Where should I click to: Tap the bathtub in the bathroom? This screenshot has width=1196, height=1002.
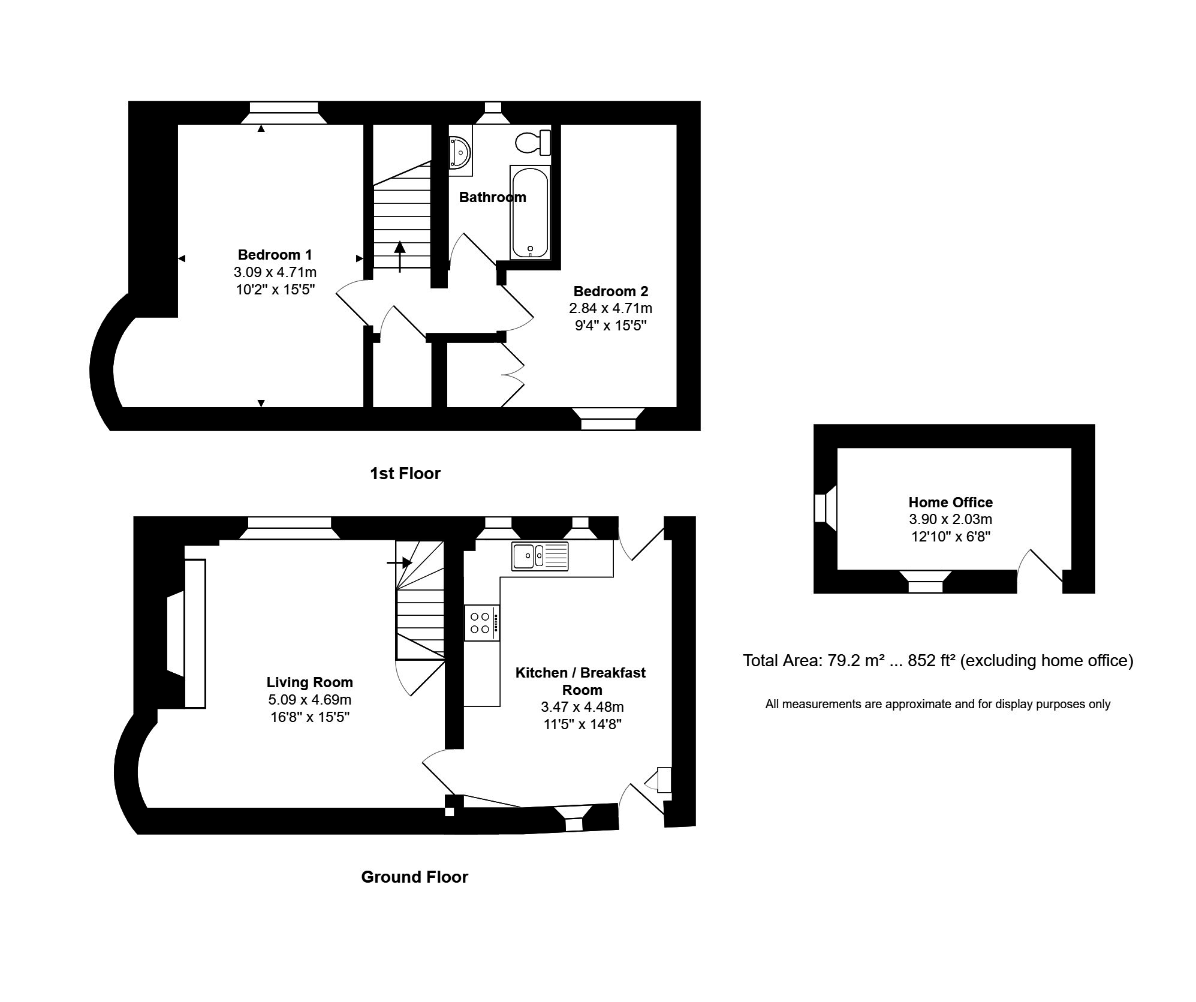click(x=529, y=213)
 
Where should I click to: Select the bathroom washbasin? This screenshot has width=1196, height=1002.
click(x=460, y=153)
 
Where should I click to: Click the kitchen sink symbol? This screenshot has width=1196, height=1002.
click(x=539, y=555)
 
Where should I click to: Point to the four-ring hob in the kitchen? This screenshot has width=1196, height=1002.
click(x=481, y=622)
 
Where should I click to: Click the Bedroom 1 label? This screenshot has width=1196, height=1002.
click(x=275, y=254)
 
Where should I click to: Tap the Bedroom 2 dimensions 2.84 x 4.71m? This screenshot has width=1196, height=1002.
click(x=610, y=308)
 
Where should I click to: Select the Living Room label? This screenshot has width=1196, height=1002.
click(x=309, y=682)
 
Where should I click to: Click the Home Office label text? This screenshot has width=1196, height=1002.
click(x=950, y=502)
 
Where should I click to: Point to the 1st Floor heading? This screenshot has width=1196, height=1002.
click(x=405, y=474)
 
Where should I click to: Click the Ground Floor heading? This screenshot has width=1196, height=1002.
click(x=414, y=877)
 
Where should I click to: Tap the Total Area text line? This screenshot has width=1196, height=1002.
click(x=938, y=660)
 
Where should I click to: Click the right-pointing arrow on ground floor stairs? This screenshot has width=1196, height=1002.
click(x=399, y=562)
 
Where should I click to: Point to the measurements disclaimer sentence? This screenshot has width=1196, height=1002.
click(x=938, y=704)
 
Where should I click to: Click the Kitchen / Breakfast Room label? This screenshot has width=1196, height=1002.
click(x=580, y=681)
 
